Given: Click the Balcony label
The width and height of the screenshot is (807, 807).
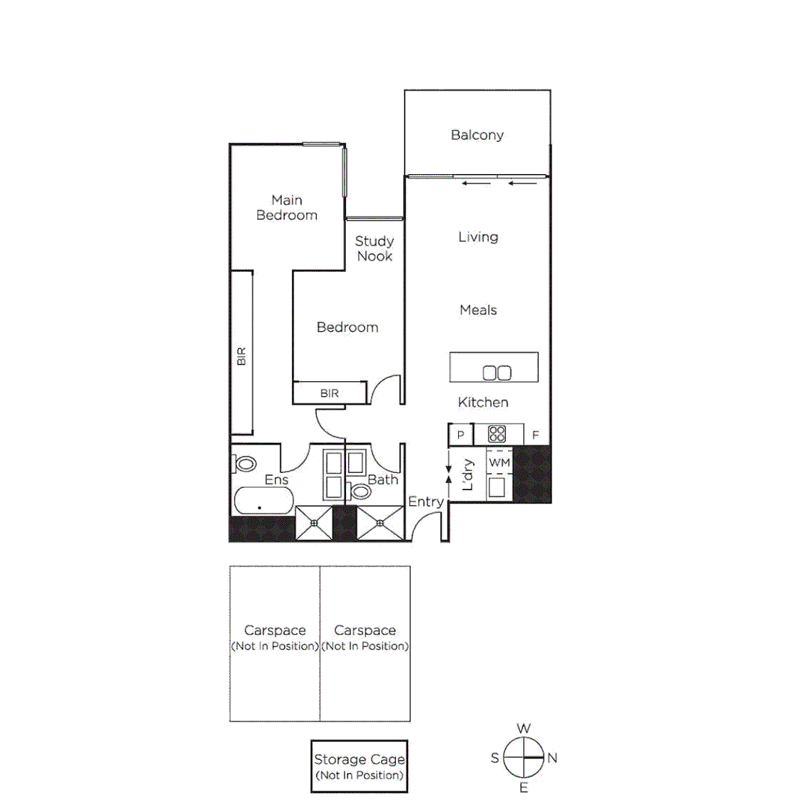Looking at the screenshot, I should pos(477,135).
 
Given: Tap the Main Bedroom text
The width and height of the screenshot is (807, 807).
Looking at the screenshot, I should pos(287,208).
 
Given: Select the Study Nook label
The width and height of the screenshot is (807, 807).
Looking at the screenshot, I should pos(374,249).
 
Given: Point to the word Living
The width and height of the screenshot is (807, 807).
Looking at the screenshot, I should pos(478,237).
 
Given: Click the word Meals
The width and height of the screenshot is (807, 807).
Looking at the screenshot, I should pos(478,310).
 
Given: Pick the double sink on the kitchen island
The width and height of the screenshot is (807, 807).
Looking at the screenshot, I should pos(497,372).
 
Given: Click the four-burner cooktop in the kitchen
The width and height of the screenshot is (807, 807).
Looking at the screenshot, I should pos(497,434).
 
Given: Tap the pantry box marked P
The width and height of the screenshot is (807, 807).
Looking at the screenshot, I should pos(460,435).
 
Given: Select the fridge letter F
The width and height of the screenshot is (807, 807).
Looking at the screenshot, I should pos(535,435).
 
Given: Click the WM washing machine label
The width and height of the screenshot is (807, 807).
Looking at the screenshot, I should pos(498,463).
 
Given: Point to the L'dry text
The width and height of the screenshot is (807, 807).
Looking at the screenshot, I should pos(469,475).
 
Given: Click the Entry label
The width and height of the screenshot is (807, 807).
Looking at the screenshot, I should pos(426,502).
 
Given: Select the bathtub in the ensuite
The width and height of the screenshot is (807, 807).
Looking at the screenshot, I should pos(262,502).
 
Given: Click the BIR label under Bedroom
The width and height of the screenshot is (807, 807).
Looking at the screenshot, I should pos(330,392).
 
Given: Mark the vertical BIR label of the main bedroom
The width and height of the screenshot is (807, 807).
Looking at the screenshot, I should pos(241,356).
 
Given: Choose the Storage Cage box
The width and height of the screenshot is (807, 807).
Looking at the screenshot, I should pos(360,767).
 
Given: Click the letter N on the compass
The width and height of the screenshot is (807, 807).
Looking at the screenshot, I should pos(552,758).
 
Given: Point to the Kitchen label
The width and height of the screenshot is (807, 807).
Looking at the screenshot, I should pos(483,403).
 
